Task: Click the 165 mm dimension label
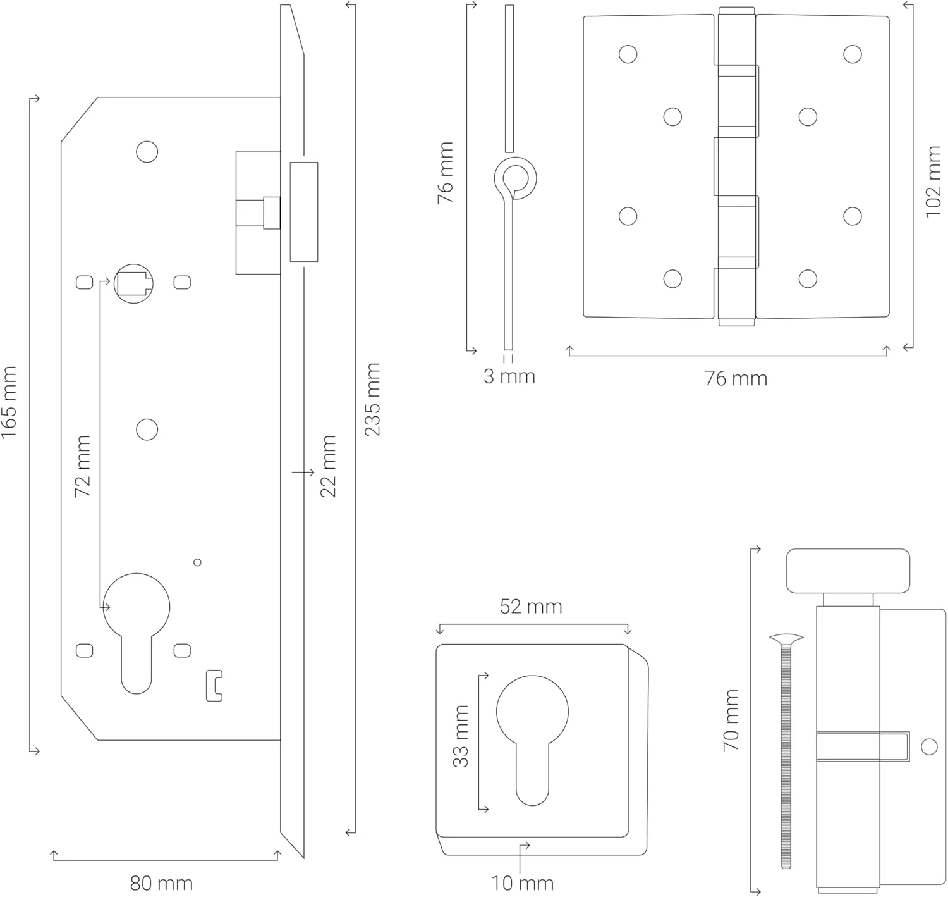(x=9, y=402)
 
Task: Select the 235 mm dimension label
(x=372, y=399)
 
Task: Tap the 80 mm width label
(x=161, y=882)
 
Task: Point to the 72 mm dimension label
(x=83, y=466)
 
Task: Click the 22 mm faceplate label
(x=328, y=466)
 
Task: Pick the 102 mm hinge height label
(x=933, y=182)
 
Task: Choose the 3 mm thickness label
(x=509, y=376)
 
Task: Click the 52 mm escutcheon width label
(x=531, y=607)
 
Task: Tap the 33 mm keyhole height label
(x=461, y=736)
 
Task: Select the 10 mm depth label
(x=522, y=883)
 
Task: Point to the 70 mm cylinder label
(x=731, y=720)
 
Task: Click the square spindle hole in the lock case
(x=133, y=282)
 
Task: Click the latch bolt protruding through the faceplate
(x=304, y=211)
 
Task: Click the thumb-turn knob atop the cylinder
(x=848, y=571)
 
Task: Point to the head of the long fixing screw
(x=786, y=640)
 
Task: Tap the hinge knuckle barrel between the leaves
(x=736, y=166)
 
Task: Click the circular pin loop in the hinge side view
(x=515, y=177)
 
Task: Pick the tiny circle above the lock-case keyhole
(x=197, y=562)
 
